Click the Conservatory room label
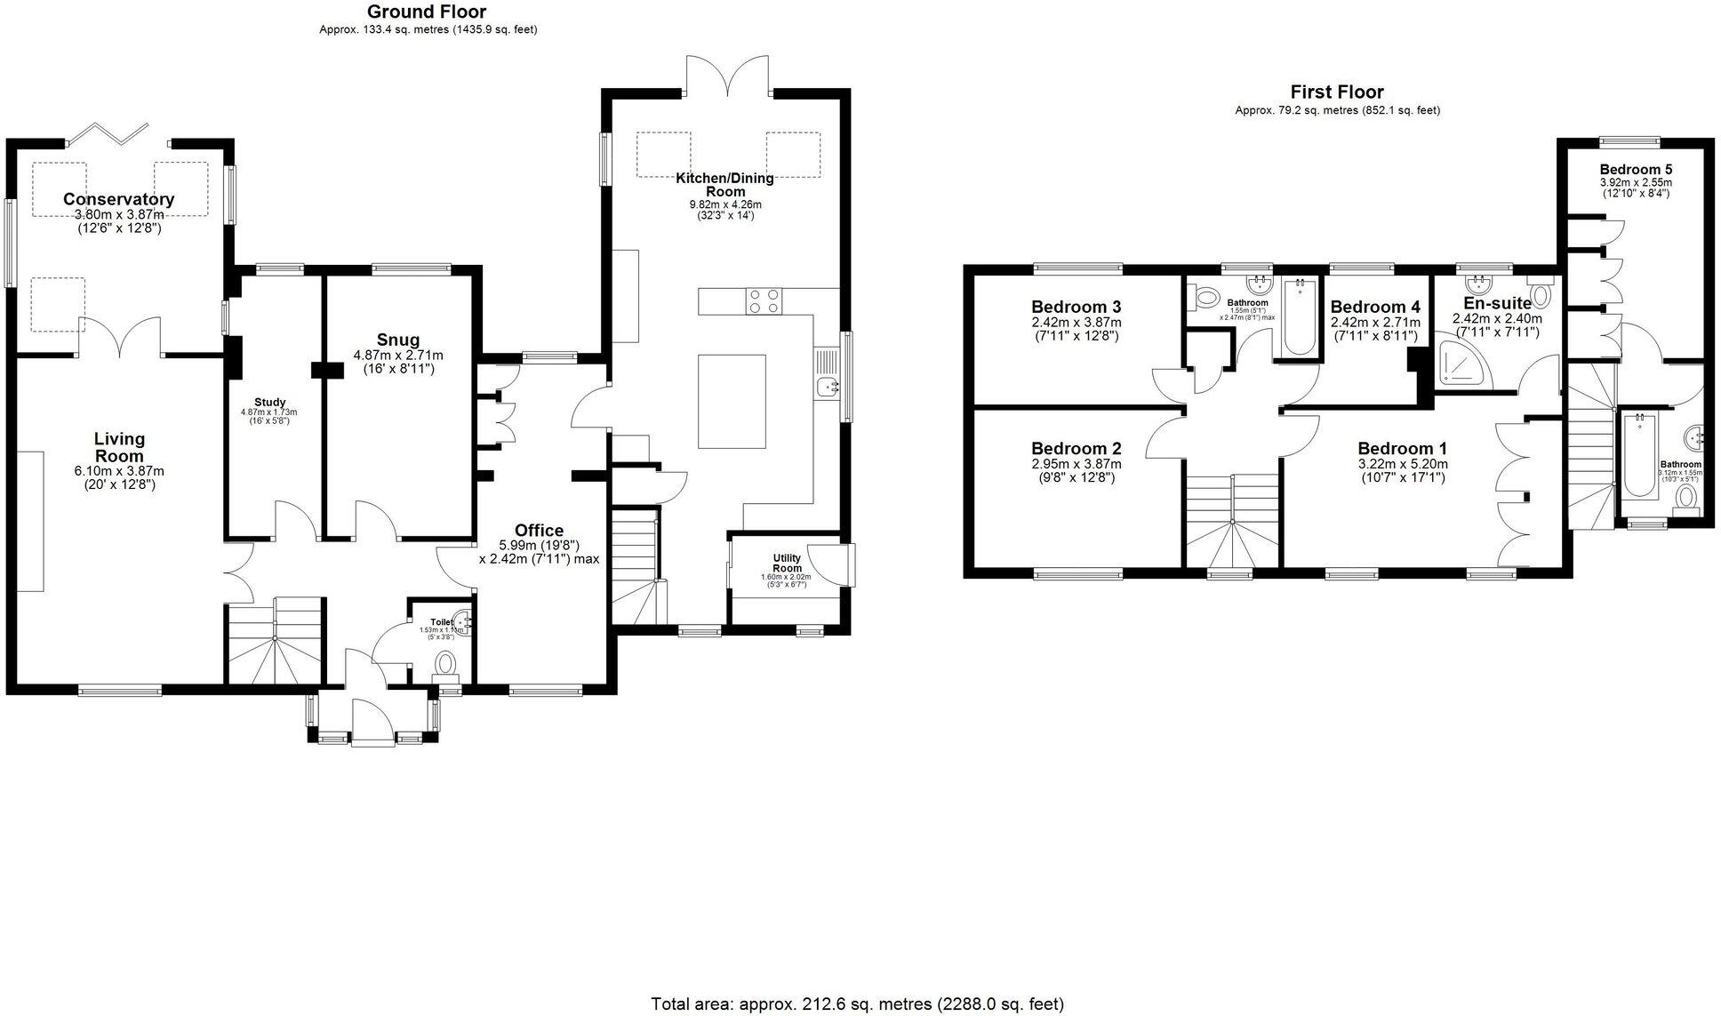click(x=118, y=199)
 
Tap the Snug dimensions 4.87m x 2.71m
click(x=397, y=356)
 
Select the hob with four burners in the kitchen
click(x=764, y=301)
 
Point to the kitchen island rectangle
click(x=732, y=401)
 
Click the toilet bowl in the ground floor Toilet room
click(x=446, y=663)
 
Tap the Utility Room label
click(x=787, y=564)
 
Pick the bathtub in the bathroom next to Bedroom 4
click(x=1299, y=317)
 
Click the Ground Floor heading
click(x=427, y=12)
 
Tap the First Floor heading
click(x=1337, y=92)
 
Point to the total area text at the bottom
click(x=857, y=1004)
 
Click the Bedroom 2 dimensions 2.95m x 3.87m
click(x=1076, y=464)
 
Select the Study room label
click(x=268, y=402)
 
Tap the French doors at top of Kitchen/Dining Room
click(x=726, y=76)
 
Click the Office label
click(x=539, y=531)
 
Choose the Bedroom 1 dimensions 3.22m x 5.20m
click(x=1402, y=464)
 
